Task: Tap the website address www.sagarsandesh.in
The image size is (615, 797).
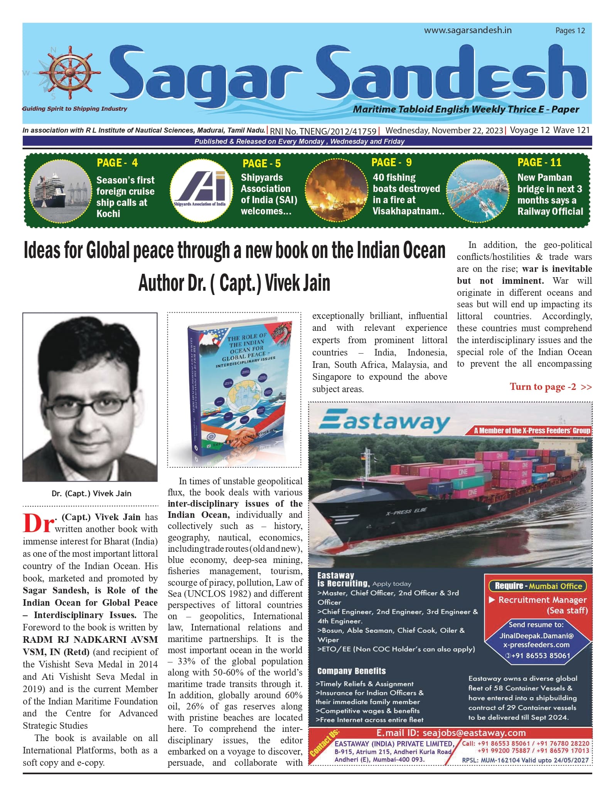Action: tap(468, 30)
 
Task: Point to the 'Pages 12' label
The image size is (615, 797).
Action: tap(570, 31)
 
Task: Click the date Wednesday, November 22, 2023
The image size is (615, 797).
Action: tap(444, 131)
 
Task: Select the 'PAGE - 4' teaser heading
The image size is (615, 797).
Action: tap(117, 163)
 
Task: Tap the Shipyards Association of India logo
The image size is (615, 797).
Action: tap(200, 190)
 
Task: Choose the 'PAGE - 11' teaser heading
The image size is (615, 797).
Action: tap(539, 162)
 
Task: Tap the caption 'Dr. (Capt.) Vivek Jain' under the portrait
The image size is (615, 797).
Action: tap(91, 494)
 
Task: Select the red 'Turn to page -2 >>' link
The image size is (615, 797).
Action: tap(550, 387)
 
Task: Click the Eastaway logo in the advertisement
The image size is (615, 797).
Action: tap(384, 421)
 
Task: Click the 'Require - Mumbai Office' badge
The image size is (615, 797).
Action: tap(537, 586)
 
